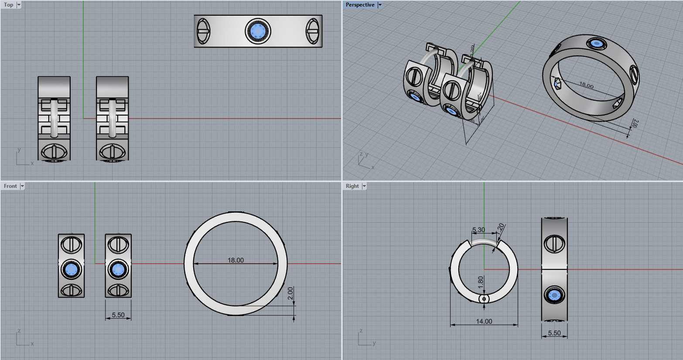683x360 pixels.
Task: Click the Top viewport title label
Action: pyautogui.click(x=9, y=5)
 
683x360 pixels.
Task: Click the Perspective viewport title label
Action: pyautogui.click(x=360, y=5)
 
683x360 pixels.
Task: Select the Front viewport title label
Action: pyautogui.click(x=10, y=186)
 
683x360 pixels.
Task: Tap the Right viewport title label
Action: pyautogui.click(x=352, y=186)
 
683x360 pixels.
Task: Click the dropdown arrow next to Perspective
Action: pyautogui.click(x=380, y=5)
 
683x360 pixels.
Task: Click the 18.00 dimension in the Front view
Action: pyautogui.click(x=236, y=260)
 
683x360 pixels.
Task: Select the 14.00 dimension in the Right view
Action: pyautogui.click(x=484, y=321)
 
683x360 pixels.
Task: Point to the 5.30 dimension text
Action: pyautogui.click(x=478, y=230)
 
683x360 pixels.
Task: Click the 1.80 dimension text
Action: pyautogui.click(x=481, y=282)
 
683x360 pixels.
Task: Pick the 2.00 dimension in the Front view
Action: pyautogui.click(x=291, y=296)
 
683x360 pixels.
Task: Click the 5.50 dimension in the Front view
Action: pyautogui.click(x=118, y=315)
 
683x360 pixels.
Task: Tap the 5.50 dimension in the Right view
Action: pyautogui.click(x=554, y=333)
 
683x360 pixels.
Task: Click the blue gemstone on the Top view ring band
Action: pyautogui.click(x=258, y=31)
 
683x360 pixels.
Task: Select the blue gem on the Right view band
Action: pyautogui.click(x=554, y=295)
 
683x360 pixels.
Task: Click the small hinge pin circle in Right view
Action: pyautogui.click(x=484, y=299)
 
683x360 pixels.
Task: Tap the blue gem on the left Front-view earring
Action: pyautogui.click(x=71, y=270)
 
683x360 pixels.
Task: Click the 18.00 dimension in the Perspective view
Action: pyautogui.click(x=586, y=85)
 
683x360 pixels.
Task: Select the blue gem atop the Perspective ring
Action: pyautogui.click(x=596, y=44)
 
